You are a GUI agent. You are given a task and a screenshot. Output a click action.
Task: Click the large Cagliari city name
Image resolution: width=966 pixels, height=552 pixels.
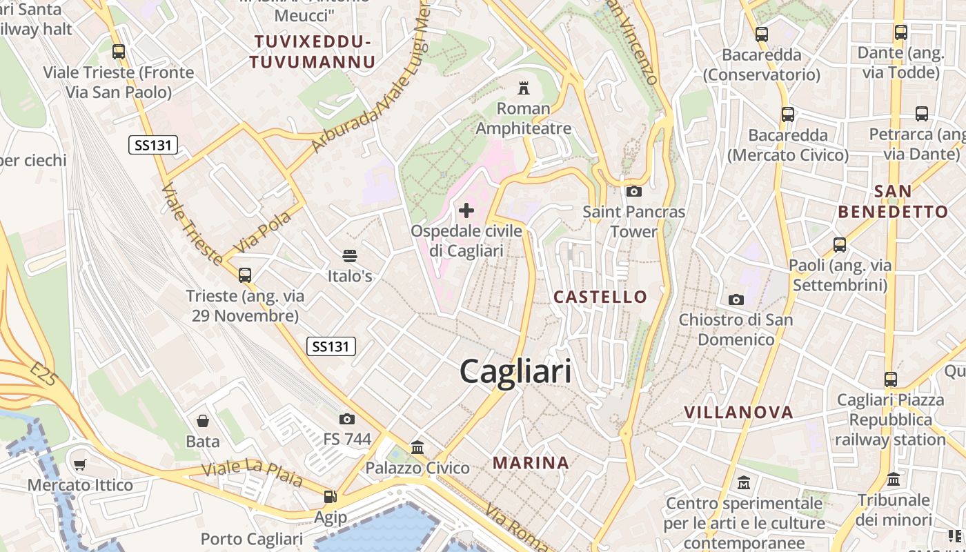(x=515, y=372)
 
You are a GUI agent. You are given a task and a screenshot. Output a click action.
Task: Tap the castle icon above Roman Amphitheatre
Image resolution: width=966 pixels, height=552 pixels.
(x=524, y=88)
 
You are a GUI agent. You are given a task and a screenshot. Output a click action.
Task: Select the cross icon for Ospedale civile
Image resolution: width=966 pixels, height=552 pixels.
(x=466, y=210)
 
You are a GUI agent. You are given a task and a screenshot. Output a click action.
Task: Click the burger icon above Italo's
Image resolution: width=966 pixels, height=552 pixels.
(x=350, y=256)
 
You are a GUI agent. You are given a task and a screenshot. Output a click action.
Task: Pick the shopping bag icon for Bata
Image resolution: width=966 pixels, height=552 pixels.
(x=203, y=420)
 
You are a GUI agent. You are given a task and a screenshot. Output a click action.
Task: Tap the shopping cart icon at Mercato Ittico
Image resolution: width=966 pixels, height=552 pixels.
(x=80, y=464)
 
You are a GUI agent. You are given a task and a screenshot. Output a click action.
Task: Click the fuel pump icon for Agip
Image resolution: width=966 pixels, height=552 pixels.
(x=331, y=497)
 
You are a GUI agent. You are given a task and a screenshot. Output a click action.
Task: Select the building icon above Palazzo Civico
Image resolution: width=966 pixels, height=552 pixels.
(x=417, y=447)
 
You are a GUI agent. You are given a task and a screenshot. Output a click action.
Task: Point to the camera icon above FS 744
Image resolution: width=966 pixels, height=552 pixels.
(x=347, y=419)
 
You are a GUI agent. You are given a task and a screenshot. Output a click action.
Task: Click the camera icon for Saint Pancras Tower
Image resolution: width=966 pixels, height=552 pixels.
(x=633, y=191)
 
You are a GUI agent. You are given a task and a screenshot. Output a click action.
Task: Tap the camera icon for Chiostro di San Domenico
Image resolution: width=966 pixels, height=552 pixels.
(x=736, y=299)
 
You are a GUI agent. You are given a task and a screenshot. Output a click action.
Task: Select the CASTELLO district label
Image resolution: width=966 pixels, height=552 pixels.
(x=600, y=297)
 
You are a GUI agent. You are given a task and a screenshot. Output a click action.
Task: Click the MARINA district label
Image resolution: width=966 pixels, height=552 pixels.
(x=531, y=463)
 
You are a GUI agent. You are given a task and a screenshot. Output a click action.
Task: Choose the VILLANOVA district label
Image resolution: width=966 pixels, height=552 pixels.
(x=738, y=413)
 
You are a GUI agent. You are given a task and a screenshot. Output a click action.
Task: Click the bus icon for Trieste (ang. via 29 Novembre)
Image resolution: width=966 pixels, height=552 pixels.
(x=245, y=275)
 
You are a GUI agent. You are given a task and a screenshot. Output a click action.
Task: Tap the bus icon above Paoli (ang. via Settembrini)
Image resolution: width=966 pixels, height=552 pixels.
(x=840, y=244)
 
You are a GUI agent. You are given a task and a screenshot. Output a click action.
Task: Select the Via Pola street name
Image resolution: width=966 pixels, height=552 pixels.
(x=262, y=232)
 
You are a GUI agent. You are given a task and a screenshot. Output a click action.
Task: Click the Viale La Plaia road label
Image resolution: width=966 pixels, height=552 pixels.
(x=253, y=473)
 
